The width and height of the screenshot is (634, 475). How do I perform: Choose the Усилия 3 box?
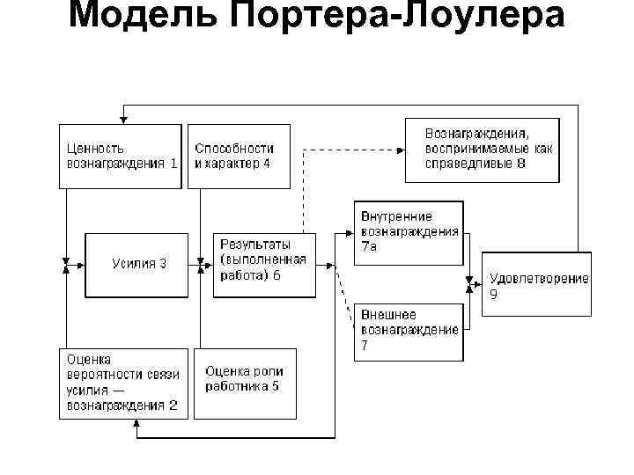pyautogui.click(x=136, y=264)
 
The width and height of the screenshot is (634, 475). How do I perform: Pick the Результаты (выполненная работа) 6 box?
pyautogui.click(x=263, y=264)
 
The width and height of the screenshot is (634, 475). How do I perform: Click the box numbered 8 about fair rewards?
pyautogui.click(x=482, y=150)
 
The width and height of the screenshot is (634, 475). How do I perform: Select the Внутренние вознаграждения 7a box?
pyautogui.click(x=409, y=233)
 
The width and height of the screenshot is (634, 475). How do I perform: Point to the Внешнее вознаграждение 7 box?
pyautogui.click(x=409, y=332)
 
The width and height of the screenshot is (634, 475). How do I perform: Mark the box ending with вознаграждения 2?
pyautogui.click(x=123, y=383)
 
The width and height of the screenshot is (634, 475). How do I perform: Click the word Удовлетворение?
pyautogui.click(x=539, y=279)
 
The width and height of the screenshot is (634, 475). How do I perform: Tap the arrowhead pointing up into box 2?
pyautogui.click(x=136, y=423)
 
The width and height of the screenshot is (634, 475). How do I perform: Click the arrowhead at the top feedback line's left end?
pyautogui.click(x=124, y=116)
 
